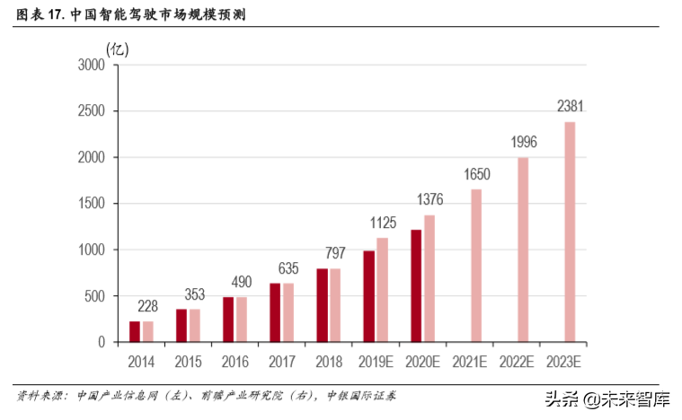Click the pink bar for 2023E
(570, 232)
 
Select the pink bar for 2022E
(523, 249)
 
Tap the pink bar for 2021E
(476, 266)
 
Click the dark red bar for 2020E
(417, 285)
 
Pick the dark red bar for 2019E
(369, 296)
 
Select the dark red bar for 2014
(135, 331)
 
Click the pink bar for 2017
(288, 312)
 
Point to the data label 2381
(571, 107)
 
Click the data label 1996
(524, 142)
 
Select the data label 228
(148, 306)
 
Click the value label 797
(334, 253)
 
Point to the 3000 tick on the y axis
(92, 65)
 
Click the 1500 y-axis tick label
(92, 204)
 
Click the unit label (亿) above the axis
(117, 48)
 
